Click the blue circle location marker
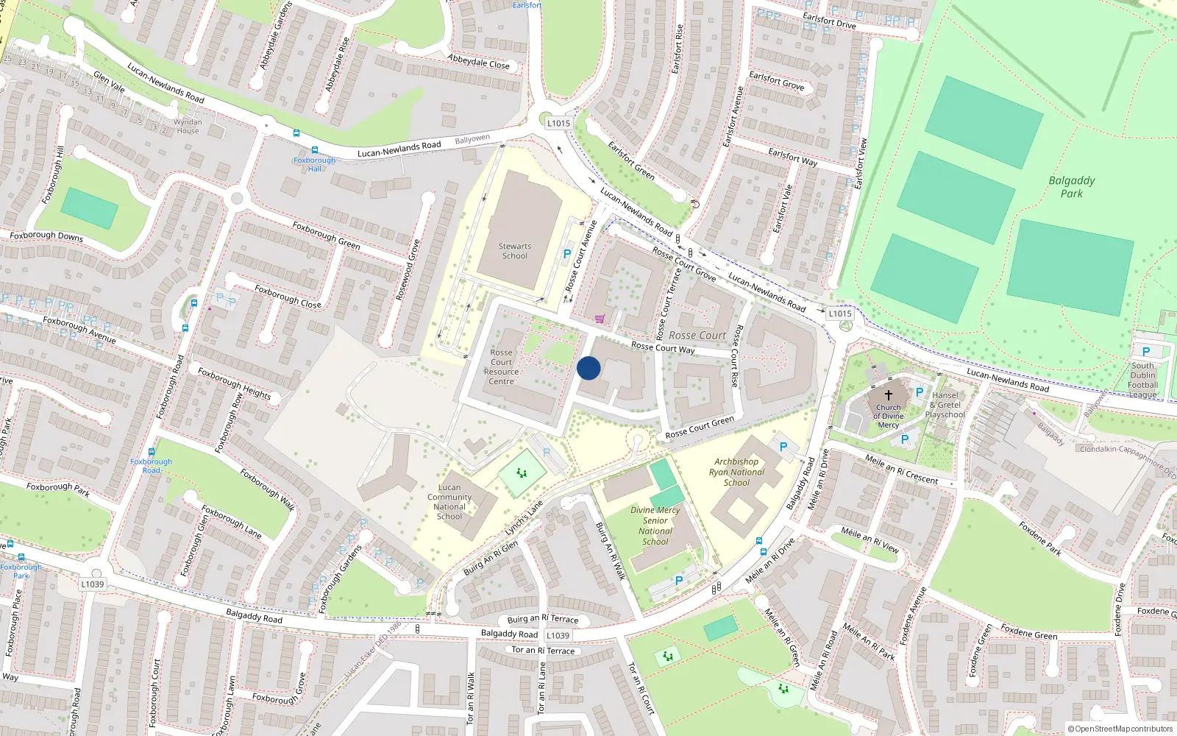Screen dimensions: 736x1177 [588, 368]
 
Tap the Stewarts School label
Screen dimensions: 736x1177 [515, 251]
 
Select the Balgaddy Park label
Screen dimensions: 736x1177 [1072, 187]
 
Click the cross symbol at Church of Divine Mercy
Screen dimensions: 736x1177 [888, 395]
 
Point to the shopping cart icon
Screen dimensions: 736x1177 [600, 319]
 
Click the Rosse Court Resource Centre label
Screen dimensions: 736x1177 [501, 367]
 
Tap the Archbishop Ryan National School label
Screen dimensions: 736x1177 [736, 473]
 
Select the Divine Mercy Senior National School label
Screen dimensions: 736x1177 [655, 526]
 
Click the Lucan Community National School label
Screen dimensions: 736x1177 [449, 502]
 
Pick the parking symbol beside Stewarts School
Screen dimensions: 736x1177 [567, 253]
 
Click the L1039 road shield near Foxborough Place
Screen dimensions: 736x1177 [93, 584]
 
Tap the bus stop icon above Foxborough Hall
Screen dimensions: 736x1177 [296, 133]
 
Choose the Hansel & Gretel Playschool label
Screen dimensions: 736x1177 [945, 405]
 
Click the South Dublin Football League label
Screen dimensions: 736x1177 [1142, 380]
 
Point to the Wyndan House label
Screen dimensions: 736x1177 [188, 127]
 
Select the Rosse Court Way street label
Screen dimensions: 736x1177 [663, 347]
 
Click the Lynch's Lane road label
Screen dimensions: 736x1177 [524, 517]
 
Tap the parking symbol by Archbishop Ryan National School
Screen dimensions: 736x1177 [783, 447]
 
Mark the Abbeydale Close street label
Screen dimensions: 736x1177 [478, 61]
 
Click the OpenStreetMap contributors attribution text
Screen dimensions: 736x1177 [1121, 729]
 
